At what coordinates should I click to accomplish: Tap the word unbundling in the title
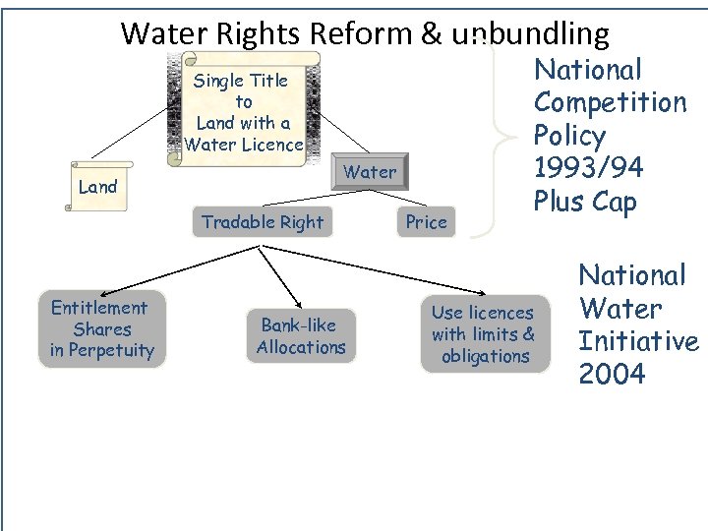[531, 34]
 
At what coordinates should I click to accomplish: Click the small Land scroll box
[97, 187]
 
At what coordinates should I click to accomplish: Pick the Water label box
[370, 172]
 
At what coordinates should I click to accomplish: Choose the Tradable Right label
[262, 222]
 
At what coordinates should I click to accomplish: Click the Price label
[426, 222]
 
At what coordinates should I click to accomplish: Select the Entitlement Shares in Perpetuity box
[102, 329]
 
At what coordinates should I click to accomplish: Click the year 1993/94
[588, 168]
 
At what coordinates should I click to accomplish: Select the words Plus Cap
[585, 202]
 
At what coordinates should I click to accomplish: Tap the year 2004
[612, 375]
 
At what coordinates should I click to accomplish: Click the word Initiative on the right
[638, 341]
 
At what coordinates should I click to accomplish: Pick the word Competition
[610, 102]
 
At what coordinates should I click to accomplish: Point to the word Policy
[569, 136]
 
